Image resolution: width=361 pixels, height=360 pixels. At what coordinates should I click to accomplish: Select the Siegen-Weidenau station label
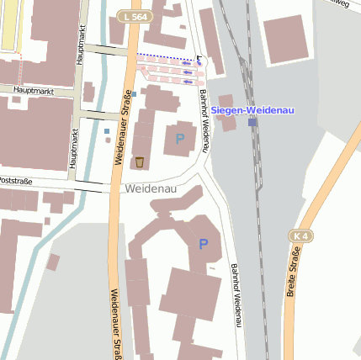pyautogui.click(x=250, y=110)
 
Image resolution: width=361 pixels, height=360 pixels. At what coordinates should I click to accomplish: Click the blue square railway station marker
pyautogui.click(x=252, y=123)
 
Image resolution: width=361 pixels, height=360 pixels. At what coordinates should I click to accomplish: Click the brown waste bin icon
pyautogui.click(x=139, y=161)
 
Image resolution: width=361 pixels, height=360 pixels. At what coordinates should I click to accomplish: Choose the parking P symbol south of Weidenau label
pyautogui.click(x=203, y=244)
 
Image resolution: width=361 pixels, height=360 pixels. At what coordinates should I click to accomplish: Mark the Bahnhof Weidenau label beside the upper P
pyautogui.click(x=204, y=122)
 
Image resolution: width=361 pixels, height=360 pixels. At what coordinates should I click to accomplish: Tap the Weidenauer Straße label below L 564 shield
pyautogui.click(x=120, y=126)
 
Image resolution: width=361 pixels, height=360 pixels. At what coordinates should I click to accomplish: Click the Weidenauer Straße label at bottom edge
pyautogui.click(x=114, y=324)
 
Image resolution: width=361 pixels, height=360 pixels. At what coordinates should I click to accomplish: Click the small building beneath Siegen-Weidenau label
pyautogui.click(x=228, y=123)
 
